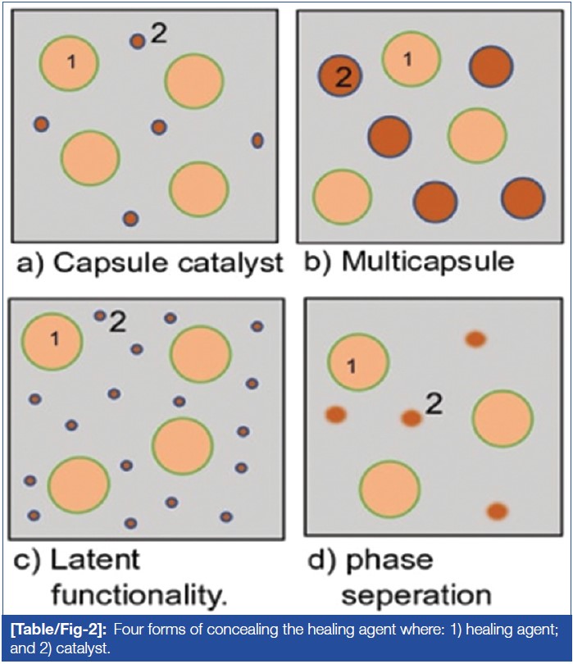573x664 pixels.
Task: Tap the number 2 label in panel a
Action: [159, 34]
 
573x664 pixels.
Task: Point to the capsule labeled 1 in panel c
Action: [54, 341]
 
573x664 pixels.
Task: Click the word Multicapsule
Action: [427, 262]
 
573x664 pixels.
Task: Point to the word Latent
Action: [96, 560]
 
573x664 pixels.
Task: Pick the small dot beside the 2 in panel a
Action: [138, 39]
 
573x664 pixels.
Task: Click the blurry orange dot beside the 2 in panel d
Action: [411, 418]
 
